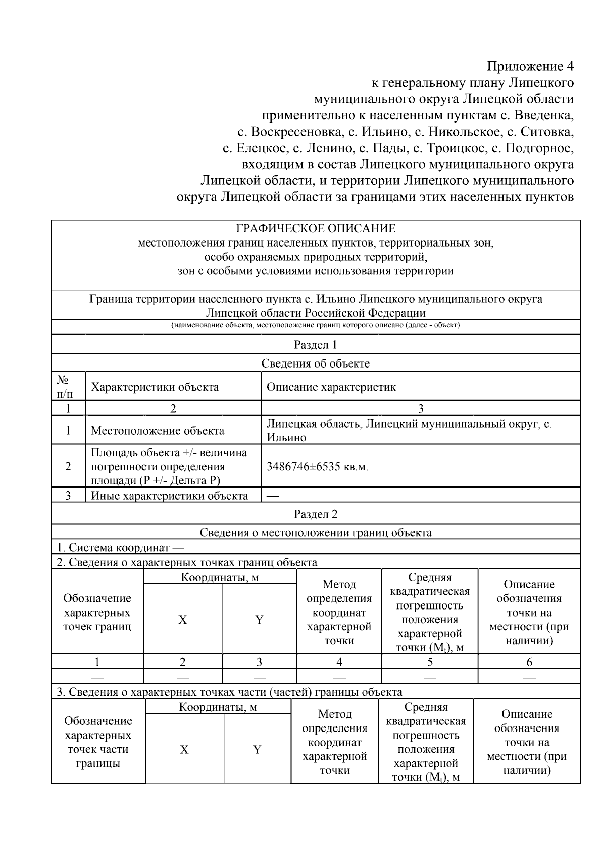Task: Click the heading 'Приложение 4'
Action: click(530, 66)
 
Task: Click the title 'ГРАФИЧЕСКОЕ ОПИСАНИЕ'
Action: click(316, 229)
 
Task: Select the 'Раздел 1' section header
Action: click(316, 345)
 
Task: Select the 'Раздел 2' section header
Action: click(316, 514)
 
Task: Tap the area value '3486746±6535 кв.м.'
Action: click(318, 467)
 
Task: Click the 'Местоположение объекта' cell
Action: click(157, 431)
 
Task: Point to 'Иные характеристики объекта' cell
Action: click(169, 496)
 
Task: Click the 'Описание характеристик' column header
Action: click(331, 387)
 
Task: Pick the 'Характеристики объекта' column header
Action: click(155, 387)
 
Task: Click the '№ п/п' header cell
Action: click(68, 387)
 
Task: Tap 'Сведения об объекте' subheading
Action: click(316, 363)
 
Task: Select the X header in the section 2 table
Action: click(183, 620)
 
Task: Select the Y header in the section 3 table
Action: click(257, 749)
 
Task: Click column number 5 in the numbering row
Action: click(430, 662)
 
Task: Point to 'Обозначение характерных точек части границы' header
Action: click(98, 742)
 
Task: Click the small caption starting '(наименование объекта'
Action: click(316, 325)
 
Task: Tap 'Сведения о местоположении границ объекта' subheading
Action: click(316, 532)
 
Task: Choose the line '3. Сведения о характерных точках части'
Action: click(229, 692)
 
